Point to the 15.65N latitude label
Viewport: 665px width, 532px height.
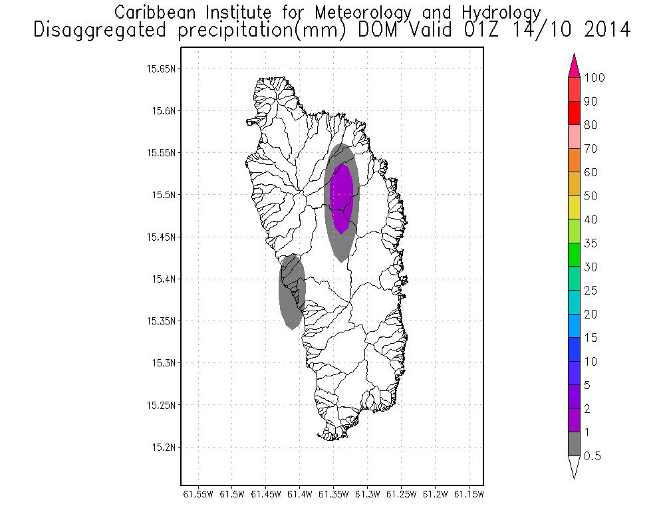pos(161,68)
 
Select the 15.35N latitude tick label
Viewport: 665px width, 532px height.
pos(161,321)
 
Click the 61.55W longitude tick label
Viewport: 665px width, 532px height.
pos(198,494)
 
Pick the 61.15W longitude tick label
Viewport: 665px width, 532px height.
pos(469,494)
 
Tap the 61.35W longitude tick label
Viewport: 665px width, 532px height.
pos(334,494)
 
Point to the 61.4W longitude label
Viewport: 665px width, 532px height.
pos(301,494)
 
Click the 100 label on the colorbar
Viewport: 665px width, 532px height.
pos(595,78)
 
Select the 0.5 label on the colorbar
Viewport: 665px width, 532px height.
pos(591,456)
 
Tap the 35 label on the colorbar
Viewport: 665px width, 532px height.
pos(591,243)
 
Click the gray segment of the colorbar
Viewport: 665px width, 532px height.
pos(575,444)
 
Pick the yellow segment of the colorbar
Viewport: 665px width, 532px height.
pos(575,207)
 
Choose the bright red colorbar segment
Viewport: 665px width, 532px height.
pos(575,113)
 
